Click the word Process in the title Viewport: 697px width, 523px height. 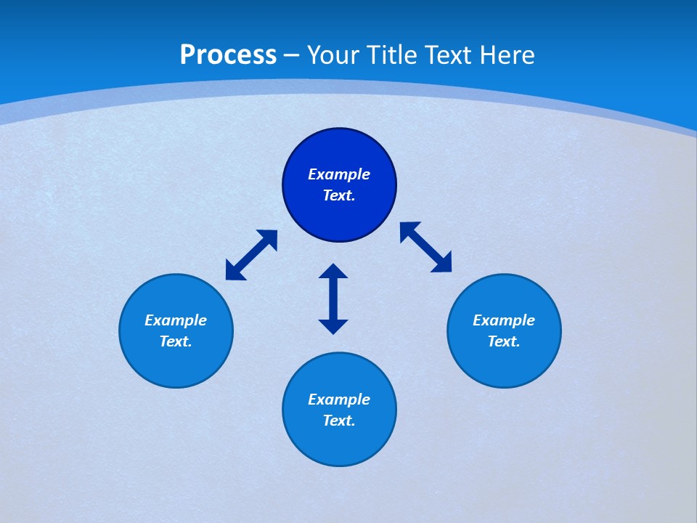(x=228, y=55)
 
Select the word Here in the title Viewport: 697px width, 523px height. (x=508, y=55)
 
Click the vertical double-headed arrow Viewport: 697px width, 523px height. (x=333, y=299)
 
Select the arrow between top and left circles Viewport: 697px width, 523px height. (x=251, y=254)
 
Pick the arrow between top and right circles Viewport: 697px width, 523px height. (x=426, y=247)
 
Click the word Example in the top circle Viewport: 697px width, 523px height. (x=339, y=174)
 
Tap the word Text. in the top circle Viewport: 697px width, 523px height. (x=339, y=195)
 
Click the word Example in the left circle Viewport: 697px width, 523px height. (x=176, y=320)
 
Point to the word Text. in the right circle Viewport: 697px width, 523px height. (x=504, y=341)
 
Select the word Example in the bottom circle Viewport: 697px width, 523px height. (x=339, y=400)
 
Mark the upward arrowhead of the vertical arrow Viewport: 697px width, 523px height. (x=333, y=272)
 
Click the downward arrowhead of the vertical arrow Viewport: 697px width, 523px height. (x=333, y=326)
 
